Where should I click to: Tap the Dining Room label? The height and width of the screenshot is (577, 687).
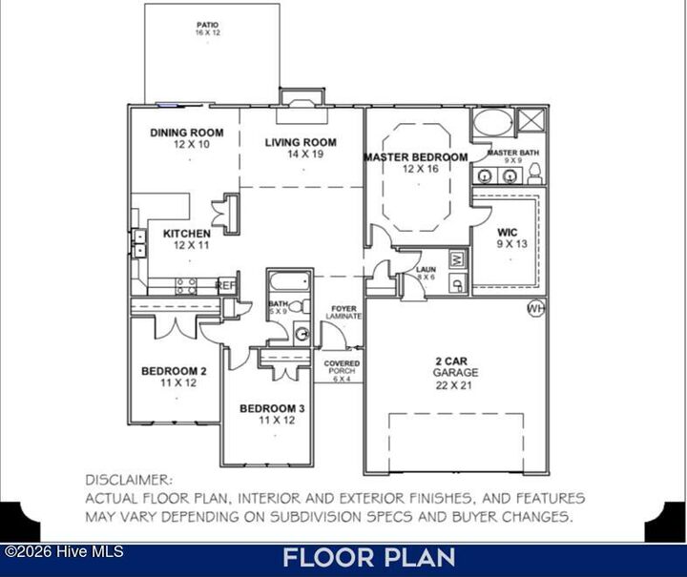(187, 134)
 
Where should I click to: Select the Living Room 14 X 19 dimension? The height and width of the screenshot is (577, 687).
(301, 154)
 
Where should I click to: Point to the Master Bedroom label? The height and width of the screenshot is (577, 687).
(416, 157)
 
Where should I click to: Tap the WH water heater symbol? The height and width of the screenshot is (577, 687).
(536, 309)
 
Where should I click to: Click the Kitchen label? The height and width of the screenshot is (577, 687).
(187, 234)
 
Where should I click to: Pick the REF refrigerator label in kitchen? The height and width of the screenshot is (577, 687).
(226, 284)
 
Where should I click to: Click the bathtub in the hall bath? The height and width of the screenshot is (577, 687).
(288, 281)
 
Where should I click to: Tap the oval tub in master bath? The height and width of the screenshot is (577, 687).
(492, 123)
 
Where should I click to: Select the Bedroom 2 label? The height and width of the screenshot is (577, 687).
(175, 371)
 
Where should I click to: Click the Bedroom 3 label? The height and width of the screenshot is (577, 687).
(272, 409)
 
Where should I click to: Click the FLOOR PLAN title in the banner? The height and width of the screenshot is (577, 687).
(368, 558)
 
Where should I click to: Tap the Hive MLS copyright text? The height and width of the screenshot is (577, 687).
(53, 551)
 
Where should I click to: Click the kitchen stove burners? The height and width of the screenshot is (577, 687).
(186, 283)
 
